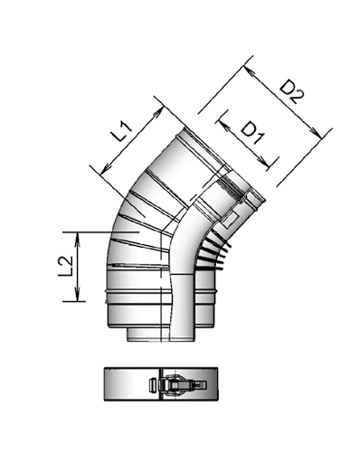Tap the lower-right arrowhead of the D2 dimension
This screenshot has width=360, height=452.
coord(321,137)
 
